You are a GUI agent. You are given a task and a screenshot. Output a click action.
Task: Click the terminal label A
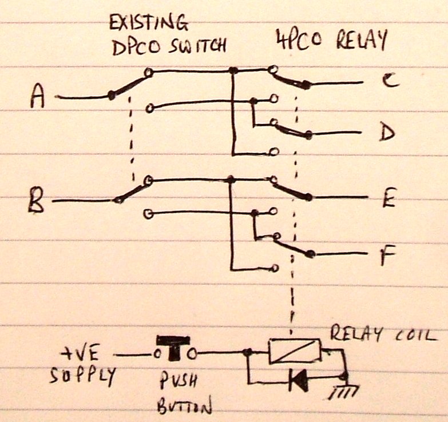pos(38,95)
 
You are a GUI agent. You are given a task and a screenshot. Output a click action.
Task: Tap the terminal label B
pos(37,201)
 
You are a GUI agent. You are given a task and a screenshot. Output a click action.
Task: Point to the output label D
pos(388,133)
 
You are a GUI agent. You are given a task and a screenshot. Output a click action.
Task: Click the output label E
pos(388,197)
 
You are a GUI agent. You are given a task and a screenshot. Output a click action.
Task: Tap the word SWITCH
pos(197,46)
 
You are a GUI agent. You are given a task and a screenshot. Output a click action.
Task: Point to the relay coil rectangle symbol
pos(295,351)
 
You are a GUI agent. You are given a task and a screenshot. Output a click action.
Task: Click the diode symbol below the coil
pos(299,380)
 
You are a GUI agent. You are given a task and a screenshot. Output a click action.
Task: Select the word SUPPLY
pos(83,376)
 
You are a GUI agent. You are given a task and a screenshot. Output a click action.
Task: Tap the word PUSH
pos(178,380)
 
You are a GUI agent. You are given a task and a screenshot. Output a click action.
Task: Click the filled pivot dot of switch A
pos(112,95)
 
